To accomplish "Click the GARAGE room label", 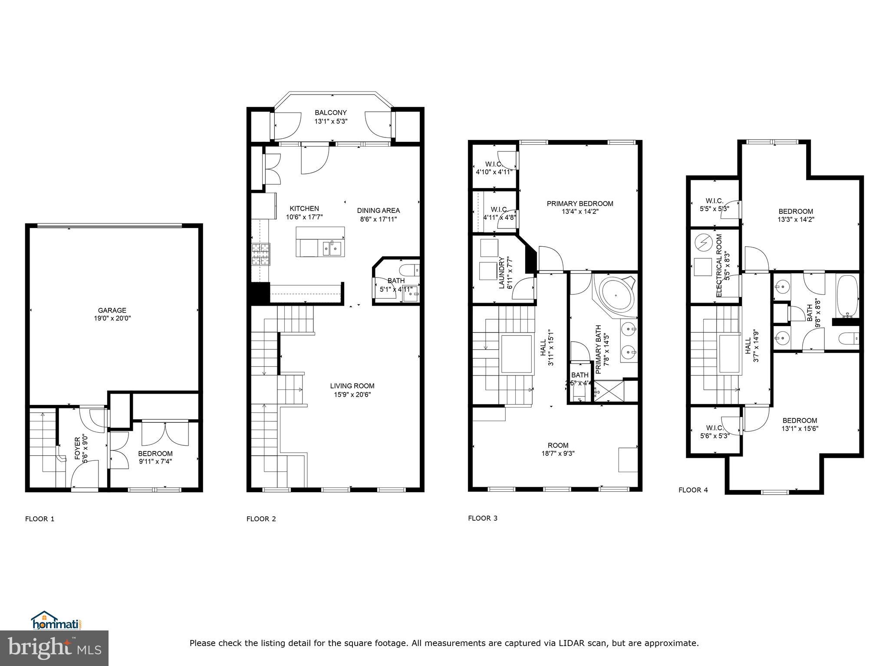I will [112, 310].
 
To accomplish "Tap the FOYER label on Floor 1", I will [78, 448].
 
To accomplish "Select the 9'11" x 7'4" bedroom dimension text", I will [155, 461].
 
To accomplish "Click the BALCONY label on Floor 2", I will [331, 113].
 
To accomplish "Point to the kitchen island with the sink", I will [320, 242].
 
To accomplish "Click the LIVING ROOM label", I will [352, 386].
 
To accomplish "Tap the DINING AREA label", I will [379, 211].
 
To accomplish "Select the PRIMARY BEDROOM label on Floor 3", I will [580, 203].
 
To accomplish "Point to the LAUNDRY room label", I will [502, 273].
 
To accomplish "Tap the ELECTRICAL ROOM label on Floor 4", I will [719, 265].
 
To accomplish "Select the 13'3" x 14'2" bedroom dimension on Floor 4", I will [796, 219].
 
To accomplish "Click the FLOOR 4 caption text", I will [693, 490].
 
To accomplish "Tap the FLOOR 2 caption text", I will [261, 519].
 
